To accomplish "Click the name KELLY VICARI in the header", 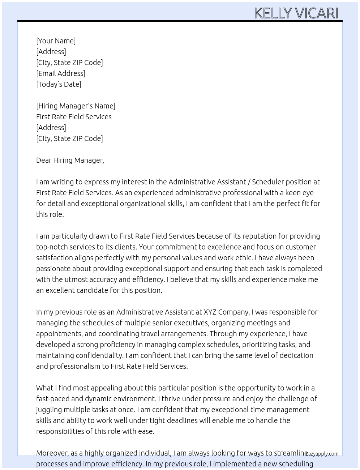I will pyautogui.click(x=296, y=13).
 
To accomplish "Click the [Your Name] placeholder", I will pyautogui.click(x=56, y=41).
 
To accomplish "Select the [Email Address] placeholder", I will pyautogui.click(x=61, y=73).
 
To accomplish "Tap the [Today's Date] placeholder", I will pyautogui.click(x=59, y=84).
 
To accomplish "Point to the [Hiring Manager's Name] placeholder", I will pyautogui.click(x=76, y=106).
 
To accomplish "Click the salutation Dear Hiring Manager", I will pyautogui.click(x=70, y=160).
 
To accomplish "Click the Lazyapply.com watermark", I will pyautogui.click(x=322, y=454).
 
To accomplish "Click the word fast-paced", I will pyautogui.click(x=52, y=399).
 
